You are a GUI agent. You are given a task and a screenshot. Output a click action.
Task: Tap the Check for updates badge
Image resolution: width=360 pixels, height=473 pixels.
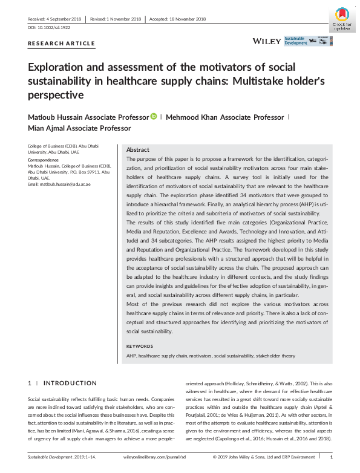coord(341,19)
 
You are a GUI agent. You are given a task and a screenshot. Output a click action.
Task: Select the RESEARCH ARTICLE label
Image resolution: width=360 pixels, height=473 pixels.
coord(62,44)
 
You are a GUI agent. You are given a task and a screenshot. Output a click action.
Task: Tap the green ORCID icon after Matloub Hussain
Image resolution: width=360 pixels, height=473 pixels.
coord(154,116)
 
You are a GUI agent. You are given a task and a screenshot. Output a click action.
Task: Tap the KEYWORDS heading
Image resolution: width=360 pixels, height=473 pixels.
coord(140,346)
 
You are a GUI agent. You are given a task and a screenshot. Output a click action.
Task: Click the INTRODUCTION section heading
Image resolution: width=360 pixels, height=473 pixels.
coord(70,383)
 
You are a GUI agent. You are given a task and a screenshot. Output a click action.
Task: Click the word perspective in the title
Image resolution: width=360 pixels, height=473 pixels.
coord(55,95)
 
